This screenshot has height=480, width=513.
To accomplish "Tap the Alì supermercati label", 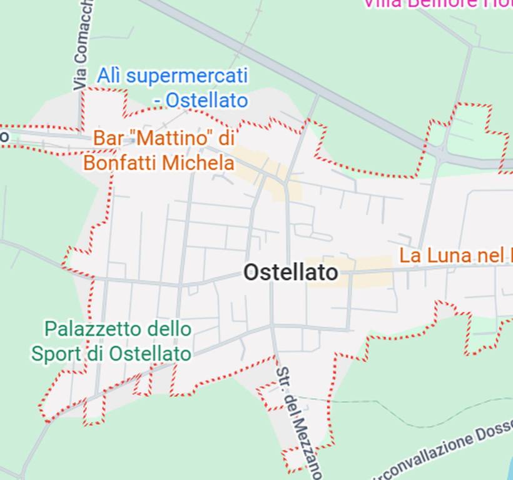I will [172, 87].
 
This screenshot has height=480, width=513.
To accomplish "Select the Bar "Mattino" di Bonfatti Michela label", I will [160, 151].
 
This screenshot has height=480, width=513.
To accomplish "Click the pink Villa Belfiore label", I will [438, 4].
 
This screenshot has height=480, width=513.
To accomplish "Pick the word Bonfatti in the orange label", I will [121, 163].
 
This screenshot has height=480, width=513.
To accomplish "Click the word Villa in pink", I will [383, 4].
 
